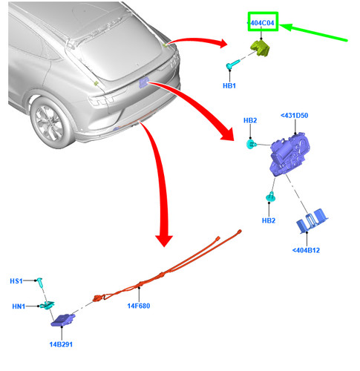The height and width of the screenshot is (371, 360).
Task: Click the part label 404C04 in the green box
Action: coord(262,23)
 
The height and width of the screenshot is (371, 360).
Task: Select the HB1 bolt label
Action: coord(229,86)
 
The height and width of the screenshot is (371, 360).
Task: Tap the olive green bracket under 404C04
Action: coord(261,48)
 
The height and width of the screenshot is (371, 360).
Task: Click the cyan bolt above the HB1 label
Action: coord(232,65)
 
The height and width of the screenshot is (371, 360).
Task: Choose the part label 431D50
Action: coord(295,116)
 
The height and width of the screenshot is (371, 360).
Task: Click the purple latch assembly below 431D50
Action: coord(289,154)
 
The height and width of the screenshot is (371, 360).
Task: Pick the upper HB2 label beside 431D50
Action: coord(250,120)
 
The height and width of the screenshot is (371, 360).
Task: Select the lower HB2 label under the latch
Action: coord(269,220)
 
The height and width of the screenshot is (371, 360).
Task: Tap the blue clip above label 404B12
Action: coord(312,220)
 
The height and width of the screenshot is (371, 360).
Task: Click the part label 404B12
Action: coord(306,250)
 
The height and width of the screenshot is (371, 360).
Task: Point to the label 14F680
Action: coord(139,306)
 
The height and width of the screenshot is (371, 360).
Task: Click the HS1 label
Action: coord(16,281)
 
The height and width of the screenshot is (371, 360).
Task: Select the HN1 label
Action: coord(19,306)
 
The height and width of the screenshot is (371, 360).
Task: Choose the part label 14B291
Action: coord(61,344)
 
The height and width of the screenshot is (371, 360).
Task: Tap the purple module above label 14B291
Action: coord(63,320)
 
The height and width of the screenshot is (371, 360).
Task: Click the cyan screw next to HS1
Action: coord(39,283)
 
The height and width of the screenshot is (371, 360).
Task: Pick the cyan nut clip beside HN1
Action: coord(48,305)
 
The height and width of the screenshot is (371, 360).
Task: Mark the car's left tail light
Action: coord(101,100)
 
